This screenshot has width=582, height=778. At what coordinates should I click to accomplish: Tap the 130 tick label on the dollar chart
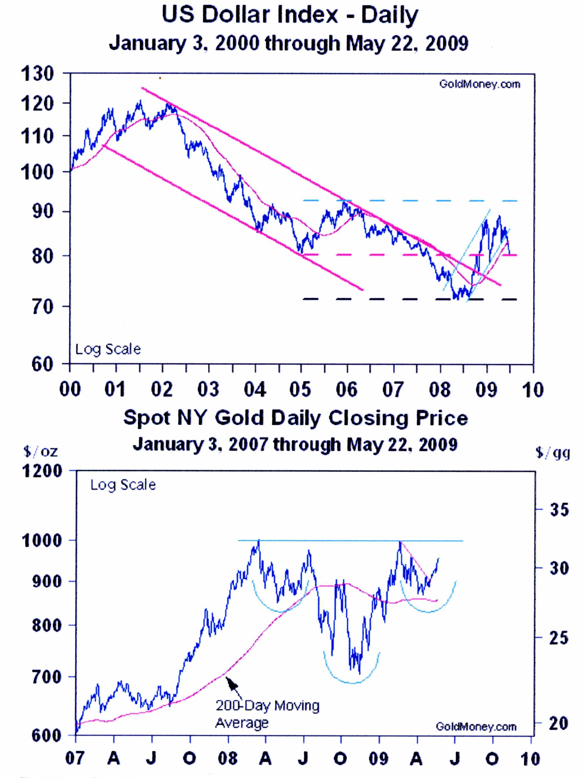point(37,74)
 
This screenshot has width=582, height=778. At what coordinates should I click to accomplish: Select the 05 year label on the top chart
point(301,389)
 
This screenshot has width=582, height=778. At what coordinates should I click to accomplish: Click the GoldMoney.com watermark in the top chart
point(479,84)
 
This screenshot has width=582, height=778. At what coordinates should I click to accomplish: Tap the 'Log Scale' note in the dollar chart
point(108,349)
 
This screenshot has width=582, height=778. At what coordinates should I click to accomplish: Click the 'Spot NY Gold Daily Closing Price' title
point(296,418)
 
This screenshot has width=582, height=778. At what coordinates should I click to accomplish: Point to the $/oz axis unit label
point(40,451)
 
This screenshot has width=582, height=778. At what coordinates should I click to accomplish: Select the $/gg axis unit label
point(553,453)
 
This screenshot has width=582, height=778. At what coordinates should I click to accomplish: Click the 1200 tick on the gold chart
point(42,471)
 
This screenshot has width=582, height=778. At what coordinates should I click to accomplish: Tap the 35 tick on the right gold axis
point(559,509)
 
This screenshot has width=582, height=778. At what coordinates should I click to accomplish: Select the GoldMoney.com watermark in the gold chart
point(476,727)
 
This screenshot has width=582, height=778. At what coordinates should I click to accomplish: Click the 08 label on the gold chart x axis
point(228,758)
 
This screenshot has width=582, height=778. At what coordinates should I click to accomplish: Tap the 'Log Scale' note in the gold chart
point(123,485)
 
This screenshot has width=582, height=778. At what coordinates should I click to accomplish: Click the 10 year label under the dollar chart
point(533,390)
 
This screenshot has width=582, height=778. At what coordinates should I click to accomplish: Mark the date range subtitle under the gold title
point(295,444)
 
